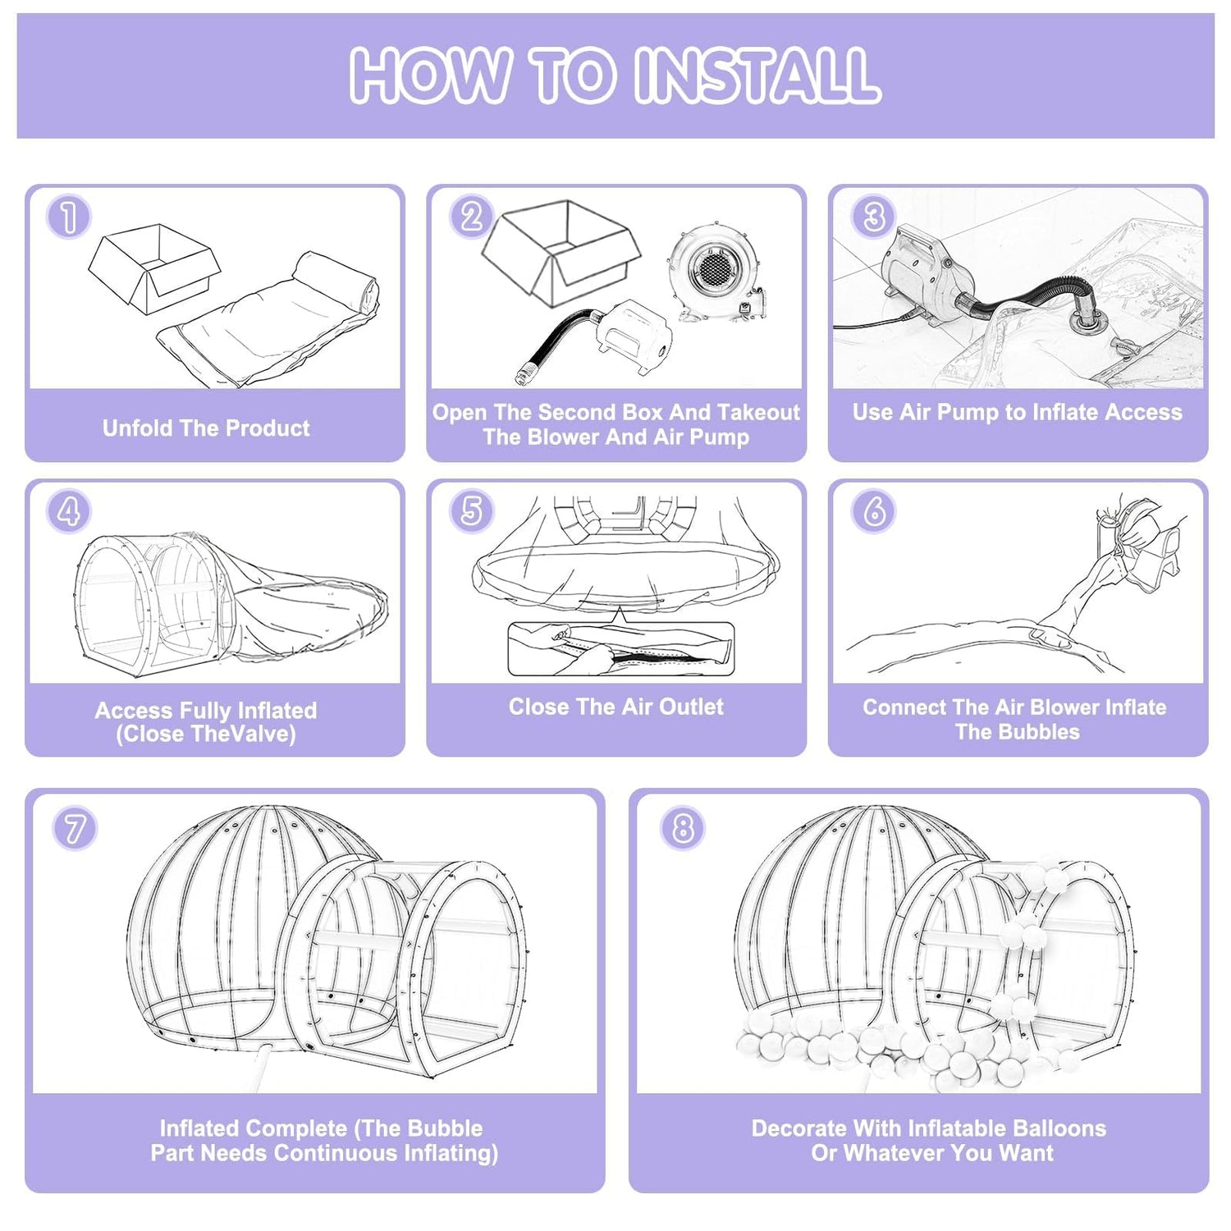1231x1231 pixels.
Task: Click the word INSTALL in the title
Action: click(x=757, y=76)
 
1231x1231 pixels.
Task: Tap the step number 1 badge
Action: click(x=69, y=217)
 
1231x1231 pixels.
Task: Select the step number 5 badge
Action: click(x=471, y=510)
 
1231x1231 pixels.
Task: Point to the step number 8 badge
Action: click(x=682, y=828)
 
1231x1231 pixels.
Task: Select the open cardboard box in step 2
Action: click(x=561, y=250)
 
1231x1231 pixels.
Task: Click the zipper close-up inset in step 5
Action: click(x=620, y=649)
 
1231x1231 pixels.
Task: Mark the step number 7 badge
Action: click(x=75, y=828)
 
